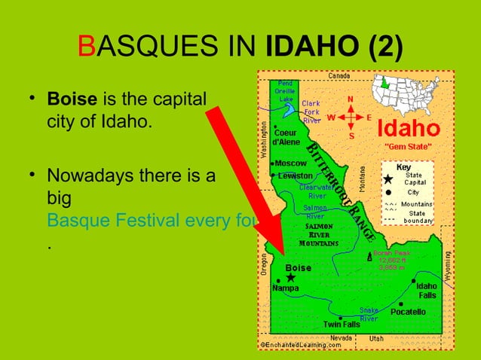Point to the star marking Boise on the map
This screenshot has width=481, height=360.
(x=291, y=277)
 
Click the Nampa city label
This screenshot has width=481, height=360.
(x=286, y=288)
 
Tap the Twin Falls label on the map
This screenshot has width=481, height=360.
(x=341, y=325)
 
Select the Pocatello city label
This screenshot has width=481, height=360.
(x=407, y=311)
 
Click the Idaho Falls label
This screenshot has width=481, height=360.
(x=426, y=290)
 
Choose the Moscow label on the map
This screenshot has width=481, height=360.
(x=291, y=163)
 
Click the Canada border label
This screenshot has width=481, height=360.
(x=339, y=75)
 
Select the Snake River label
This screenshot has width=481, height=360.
(x=368, y=314)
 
